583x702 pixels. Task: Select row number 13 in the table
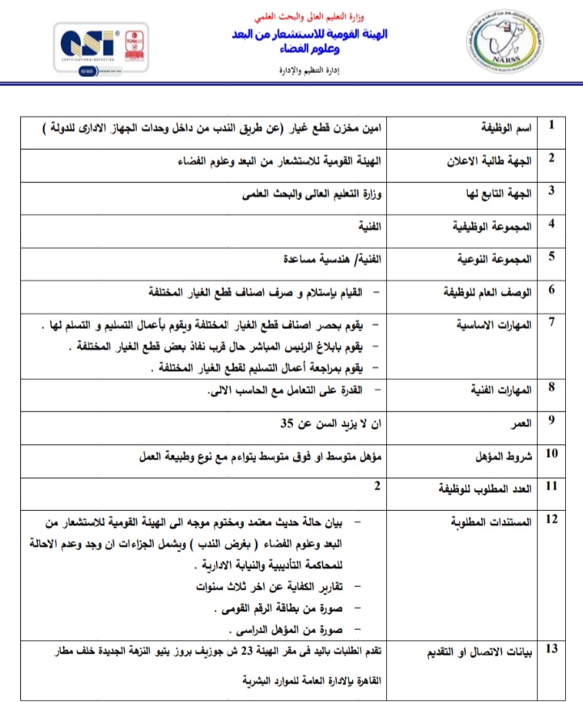(551, 649)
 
